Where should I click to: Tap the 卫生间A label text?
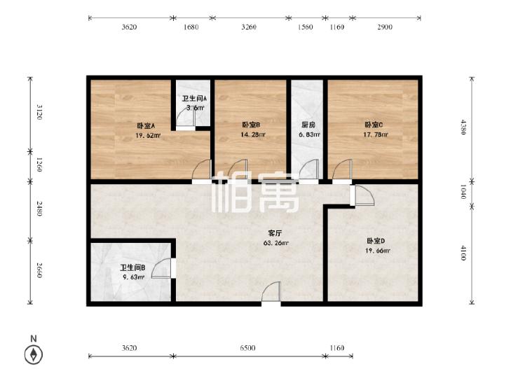tap(194, 99)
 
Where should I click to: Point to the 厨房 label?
tap(306, 125)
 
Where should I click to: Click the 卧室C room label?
tap(374, 125)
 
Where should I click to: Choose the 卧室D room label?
tap(376, 241)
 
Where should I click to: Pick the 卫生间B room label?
tap(132, 267)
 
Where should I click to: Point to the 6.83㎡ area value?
tap(306, 134)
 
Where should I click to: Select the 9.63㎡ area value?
tap(132, 277)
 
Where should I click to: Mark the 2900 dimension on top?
tap(384, 27)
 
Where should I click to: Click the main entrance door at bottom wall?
tap(271, 294)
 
